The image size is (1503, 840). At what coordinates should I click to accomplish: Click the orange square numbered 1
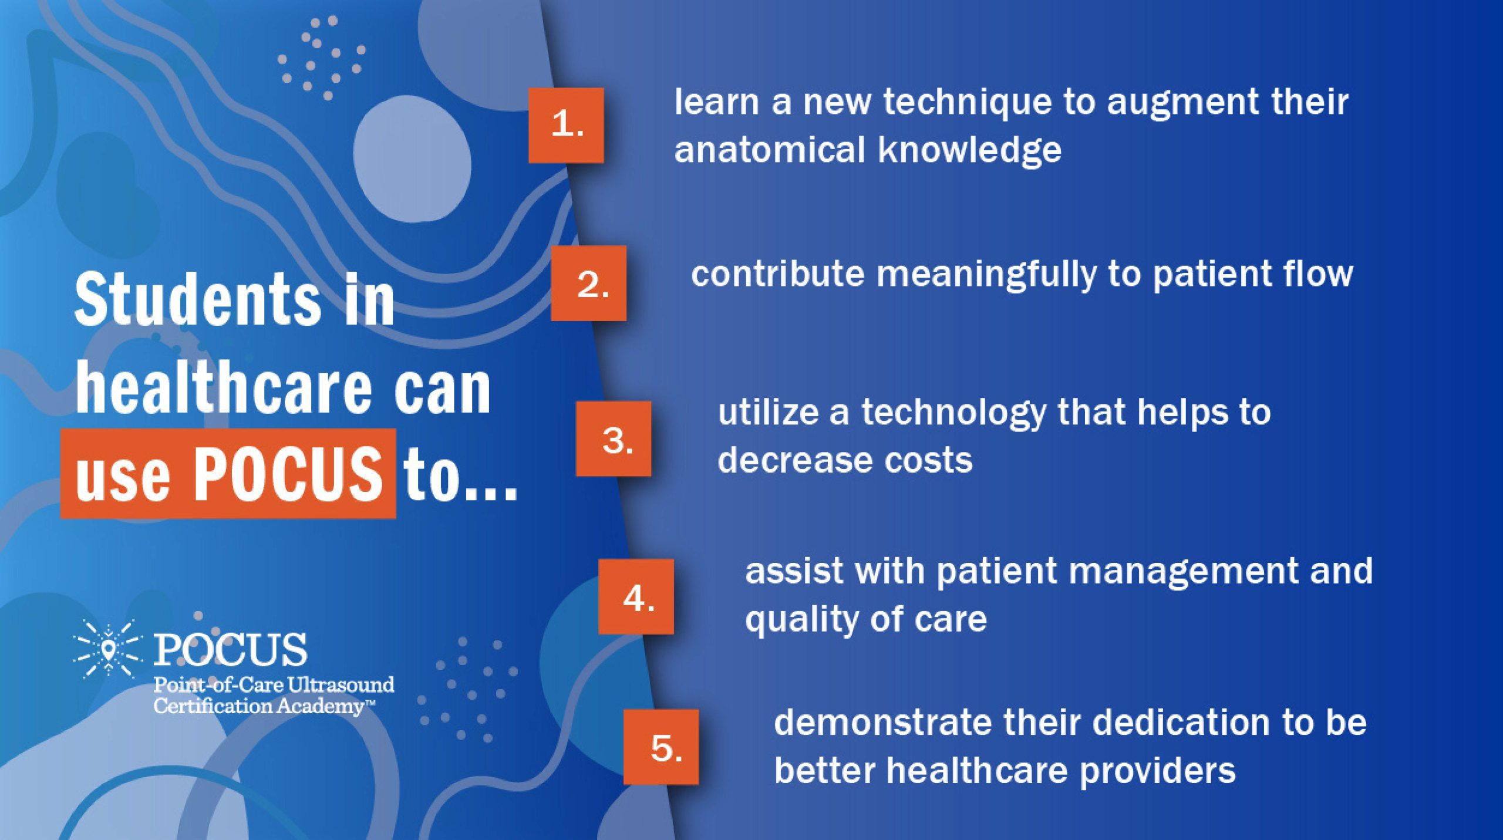point(566,125)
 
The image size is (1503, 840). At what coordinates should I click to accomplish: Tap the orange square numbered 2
point(589,283)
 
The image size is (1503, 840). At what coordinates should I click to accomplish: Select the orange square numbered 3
point(614,438)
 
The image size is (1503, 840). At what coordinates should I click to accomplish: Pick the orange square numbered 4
point(636,596)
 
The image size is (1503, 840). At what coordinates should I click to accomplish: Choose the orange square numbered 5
point(661,747)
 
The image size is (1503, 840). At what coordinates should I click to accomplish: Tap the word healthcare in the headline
point(224,388)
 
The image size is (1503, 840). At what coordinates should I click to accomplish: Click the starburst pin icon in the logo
point(108,649)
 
